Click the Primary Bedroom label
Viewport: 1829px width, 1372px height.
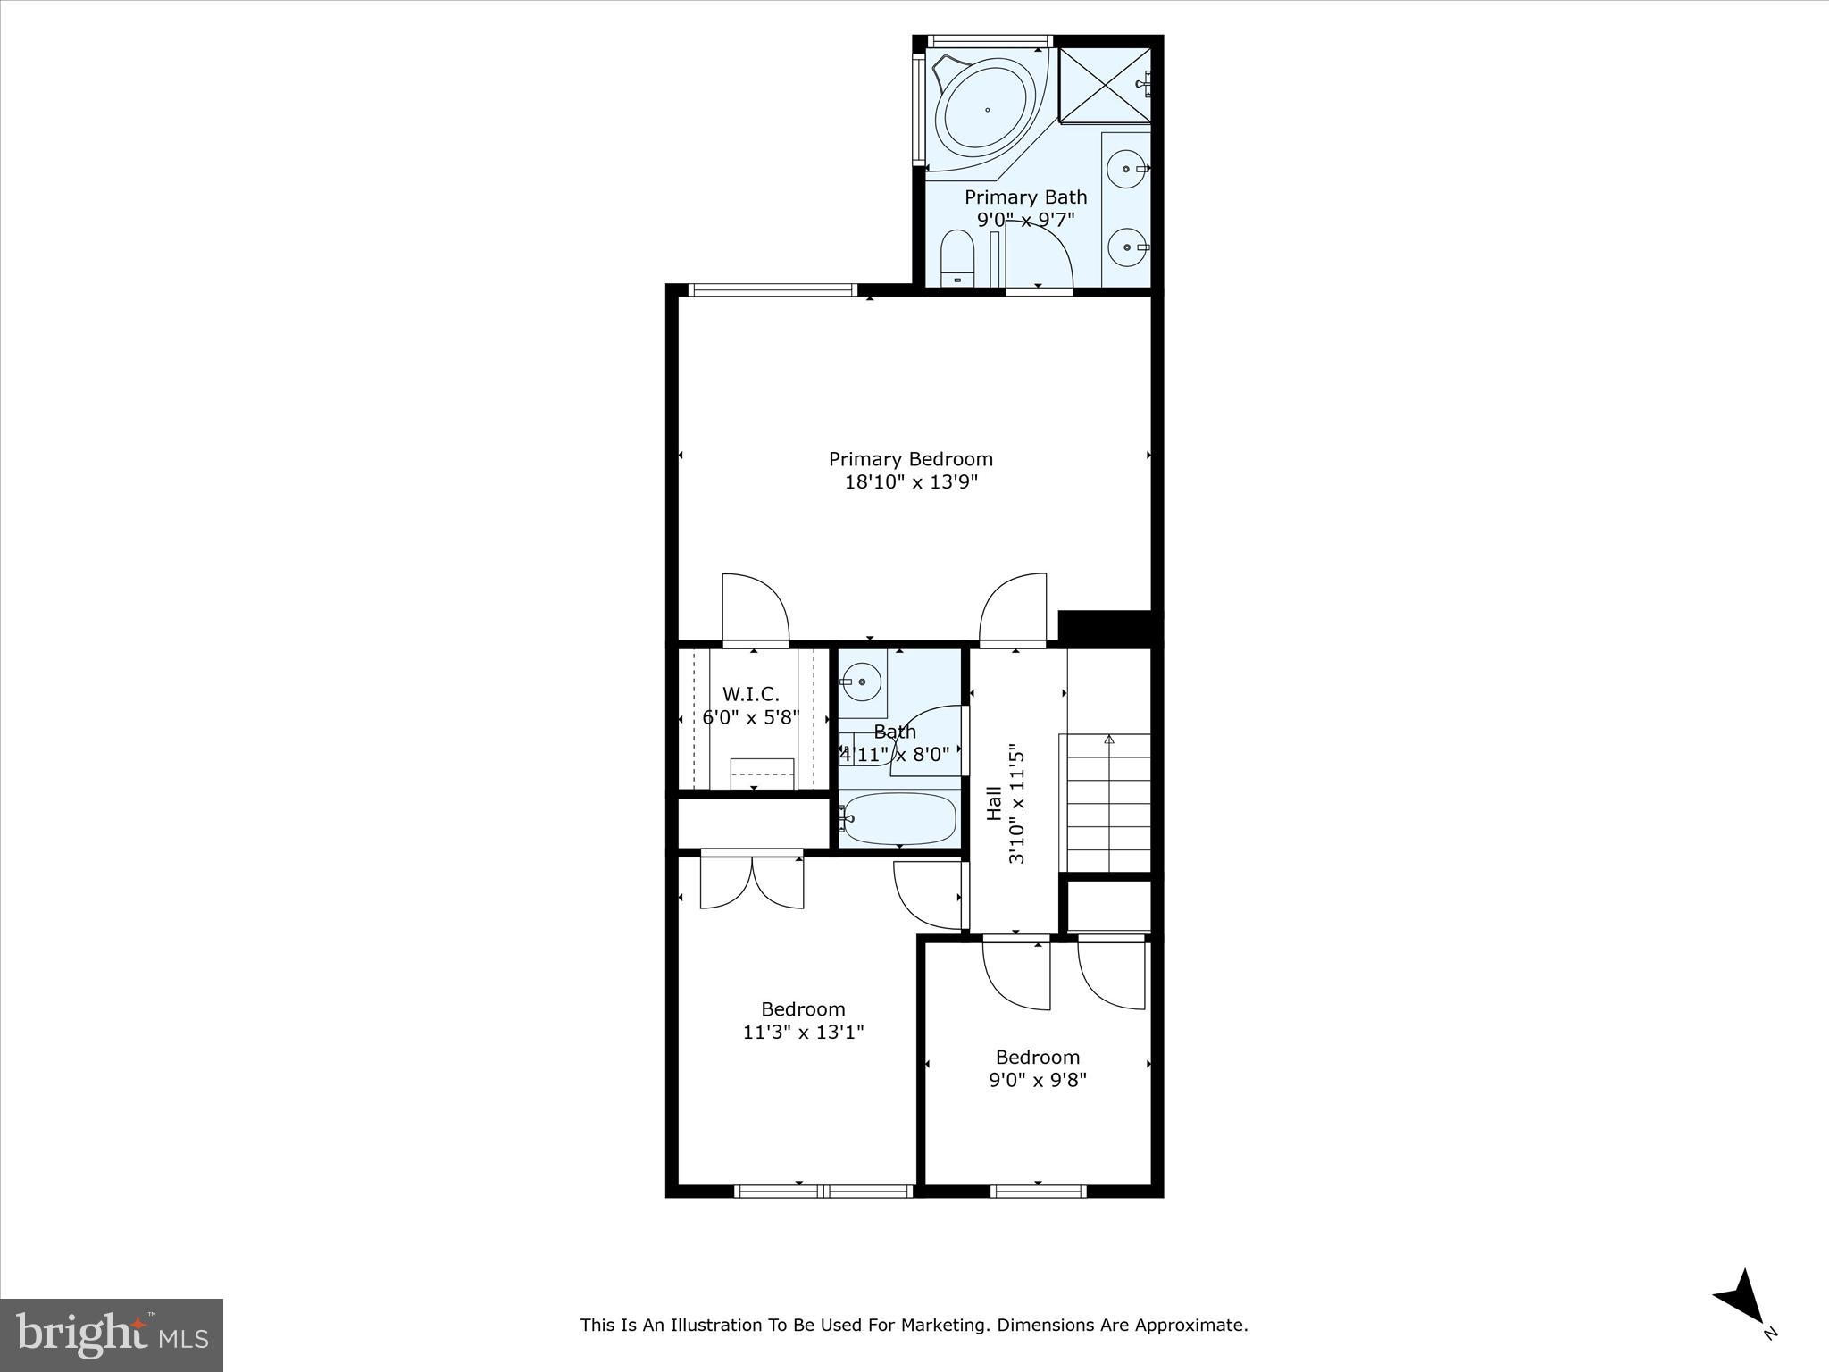click(910, 459)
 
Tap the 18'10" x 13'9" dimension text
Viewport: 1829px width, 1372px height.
click(911, 482)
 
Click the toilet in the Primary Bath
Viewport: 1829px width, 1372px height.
click(957, 257)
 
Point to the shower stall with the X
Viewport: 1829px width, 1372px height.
click(1104, 85)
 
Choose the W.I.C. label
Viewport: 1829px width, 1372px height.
click(750, 694)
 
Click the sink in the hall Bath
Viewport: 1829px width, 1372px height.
click(861, 682)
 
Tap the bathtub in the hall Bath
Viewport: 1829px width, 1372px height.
click(898, 818)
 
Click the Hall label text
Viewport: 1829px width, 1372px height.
click(994, 803)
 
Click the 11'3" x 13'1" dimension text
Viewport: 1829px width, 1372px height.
click(803, 1033)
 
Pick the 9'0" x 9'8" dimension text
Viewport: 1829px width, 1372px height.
click(1037, 1081)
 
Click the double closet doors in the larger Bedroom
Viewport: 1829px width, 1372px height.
click(752, 882)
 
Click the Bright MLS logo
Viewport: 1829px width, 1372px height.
click(112, 1334)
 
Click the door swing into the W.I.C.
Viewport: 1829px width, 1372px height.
click(755, 607)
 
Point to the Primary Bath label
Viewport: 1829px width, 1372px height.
click(1025, 197)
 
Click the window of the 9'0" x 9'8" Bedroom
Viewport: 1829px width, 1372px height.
click(1038, 1191)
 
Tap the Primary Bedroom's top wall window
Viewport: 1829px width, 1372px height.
click(773, 289)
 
